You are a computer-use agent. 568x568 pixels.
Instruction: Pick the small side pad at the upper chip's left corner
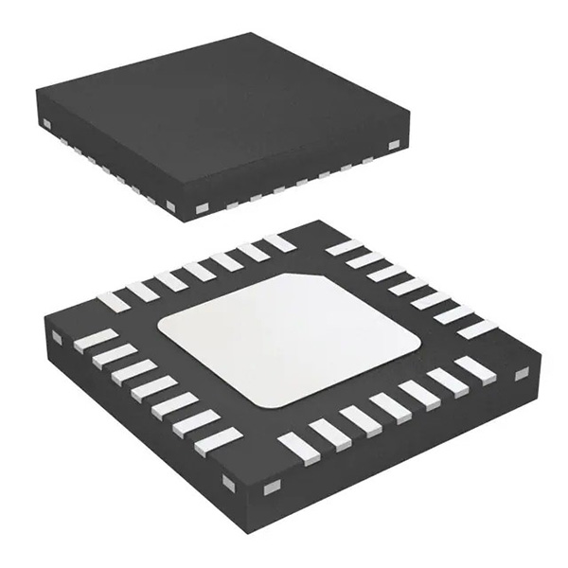[46, 124]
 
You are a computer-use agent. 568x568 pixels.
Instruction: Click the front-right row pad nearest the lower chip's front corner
[294, 441]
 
